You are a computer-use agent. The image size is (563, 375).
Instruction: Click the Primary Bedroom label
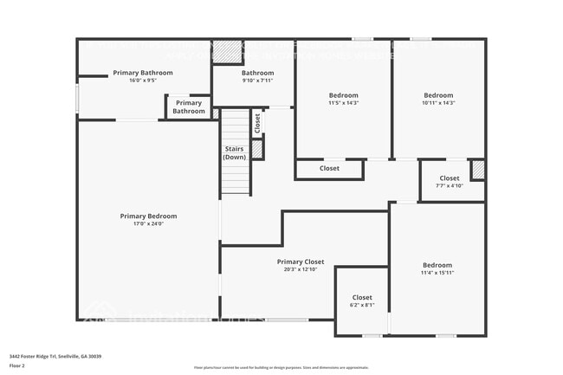click(x=148, y=216)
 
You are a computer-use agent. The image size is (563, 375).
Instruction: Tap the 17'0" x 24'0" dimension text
click(x=148, y=223)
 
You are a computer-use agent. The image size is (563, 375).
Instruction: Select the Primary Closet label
click(x=301, y=261)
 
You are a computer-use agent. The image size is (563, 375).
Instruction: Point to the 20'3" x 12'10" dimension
click(x=301, y=268)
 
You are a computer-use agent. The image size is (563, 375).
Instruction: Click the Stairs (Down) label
click(x=234, y=153)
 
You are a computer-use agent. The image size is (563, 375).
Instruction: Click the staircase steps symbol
click(x=235, y=178)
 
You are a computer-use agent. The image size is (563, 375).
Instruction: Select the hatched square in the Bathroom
click(x=228, y=51)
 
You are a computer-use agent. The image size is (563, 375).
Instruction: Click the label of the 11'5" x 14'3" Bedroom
click(x=343, y=95)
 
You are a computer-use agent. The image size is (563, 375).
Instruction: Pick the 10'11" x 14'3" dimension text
click(x=438, y=103)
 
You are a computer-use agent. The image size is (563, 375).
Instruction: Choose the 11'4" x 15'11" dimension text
click(x=437, y=273)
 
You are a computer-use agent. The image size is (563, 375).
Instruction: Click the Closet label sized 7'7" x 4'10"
click(x=450, y=178)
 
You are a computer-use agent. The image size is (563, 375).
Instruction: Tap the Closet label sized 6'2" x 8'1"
click(x=362, y=297)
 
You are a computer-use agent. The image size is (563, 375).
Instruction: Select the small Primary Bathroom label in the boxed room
click(x=189, y=107)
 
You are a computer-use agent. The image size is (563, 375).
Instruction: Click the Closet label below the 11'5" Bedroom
click(x=329, y=168)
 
